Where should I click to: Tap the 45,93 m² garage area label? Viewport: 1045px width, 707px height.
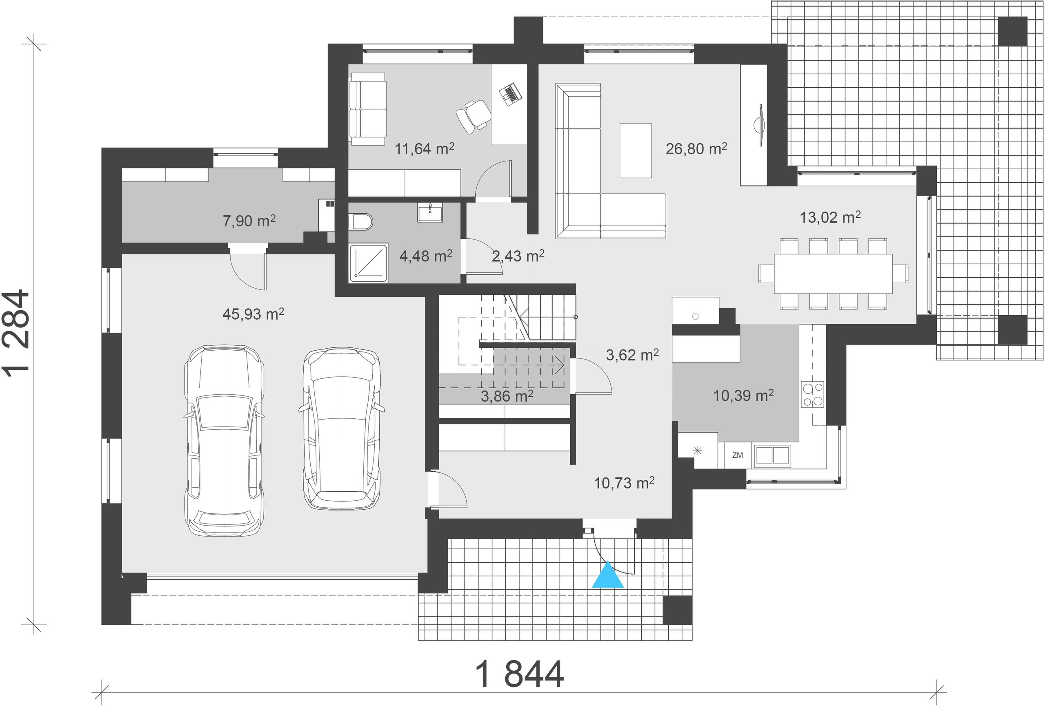tap(253, 314)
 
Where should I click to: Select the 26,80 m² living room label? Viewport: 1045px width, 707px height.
tap(696, 149)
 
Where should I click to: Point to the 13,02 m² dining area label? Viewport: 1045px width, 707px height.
tap(830, 217)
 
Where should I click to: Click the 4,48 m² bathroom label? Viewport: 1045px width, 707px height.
tap(426, 256)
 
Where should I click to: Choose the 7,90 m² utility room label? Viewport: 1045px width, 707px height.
tap(249, 221)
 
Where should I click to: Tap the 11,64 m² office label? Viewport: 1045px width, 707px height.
tap(425, 149)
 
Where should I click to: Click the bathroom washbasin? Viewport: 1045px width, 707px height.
tap(430, 212)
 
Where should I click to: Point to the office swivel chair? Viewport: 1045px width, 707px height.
tap(473, 116)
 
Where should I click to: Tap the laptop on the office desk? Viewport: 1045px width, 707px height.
tap(510, 94)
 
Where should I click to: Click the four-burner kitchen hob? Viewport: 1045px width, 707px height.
tap(812, 394)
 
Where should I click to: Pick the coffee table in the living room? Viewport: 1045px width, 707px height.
tap(635, 151)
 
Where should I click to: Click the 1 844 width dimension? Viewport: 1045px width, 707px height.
tap(519, 674)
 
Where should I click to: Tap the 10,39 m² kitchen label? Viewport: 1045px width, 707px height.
tap(743, 395)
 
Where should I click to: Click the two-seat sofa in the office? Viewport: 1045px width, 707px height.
tap(367, 109)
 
